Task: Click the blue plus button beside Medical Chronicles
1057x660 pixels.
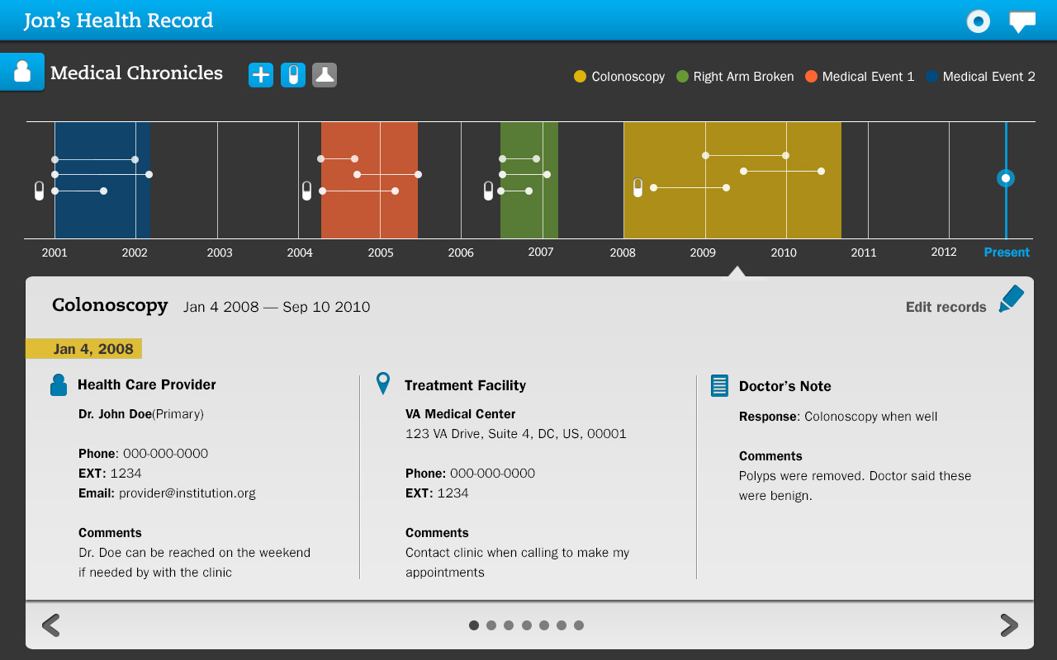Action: click(x=261, y=75)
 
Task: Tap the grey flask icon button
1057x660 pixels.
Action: click(x=325, y=75)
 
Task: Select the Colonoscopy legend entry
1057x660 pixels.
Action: click(x=619, y=77)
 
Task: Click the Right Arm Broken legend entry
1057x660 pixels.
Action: click(x=735, y=77)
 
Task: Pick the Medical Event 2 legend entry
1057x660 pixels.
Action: click(x=980, y=77)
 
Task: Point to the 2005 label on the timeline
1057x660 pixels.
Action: click(x=381, y=252)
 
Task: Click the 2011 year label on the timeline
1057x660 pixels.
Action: click(x=864, y=252)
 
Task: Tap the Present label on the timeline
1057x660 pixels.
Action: click(x=1007, y=252)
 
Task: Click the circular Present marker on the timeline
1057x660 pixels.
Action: click(x=1005, y=178)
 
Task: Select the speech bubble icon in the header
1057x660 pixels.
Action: click(x=1022, y=21)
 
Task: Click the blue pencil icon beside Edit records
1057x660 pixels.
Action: click(x=1011, y=299)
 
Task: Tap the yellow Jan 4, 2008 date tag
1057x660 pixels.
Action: click(x=84, y=349)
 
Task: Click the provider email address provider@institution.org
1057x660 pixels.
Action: click(x=187, y=493)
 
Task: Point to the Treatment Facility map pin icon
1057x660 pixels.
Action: click(x=383, y=383)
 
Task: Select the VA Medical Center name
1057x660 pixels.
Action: click(x=460, y=414)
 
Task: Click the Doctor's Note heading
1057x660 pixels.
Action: click(x=784, y=386)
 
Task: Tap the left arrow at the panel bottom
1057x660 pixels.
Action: click(x=51, y=625)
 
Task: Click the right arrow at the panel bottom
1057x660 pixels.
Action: click(x=1008, y=625)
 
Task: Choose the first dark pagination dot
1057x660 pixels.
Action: click(x=474, y=625)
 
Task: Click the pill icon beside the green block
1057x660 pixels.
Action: click(x=488, y=191)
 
